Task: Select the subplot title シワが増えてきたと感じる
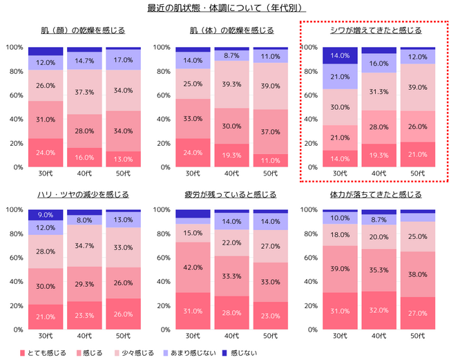pos(375,30)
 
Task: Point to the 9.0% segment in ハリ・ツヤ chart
pos(46,215)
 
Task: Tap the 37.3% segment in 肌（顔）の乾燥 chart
pos(84,92)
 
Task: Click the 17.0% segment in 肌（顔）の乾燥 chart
pos(123,60)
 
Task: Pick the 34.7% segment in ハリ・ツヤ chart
pos(84,246)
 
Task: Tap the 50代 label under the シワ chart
pos(418,173)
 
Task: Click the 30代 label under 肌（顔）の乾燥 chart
pos(46,173)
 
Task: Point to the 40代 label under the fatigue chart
pos(232,336)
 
